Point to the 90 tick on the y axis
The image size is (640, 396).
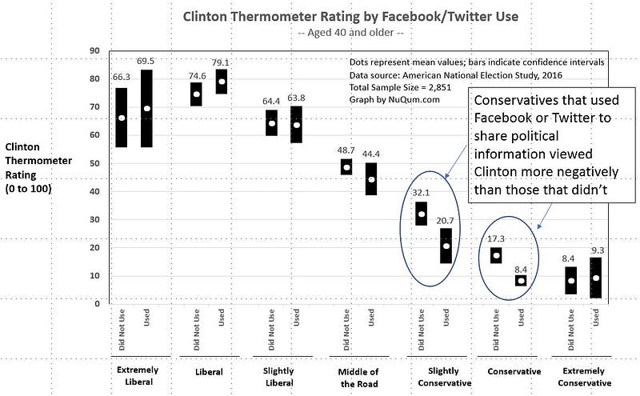pyautogui.click(x=94, y=50)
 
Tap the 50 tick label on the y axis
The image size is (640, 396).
pyautogui.click(x=94, y=163)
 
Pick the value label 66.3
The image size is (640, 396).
pyautogui.click(x=122, y=78)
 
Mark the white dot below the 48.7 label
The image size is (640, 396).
pyautogui.click(x=346, y=166)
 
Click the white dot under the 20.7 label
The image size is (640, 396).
pyautogui.click(x=446, y=246)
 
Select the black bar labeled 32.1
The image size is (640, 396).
pyautogui.click(x=421, y=214)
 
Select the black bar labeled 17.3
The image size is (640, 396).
pyautogui.click(x=496, y=255)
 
